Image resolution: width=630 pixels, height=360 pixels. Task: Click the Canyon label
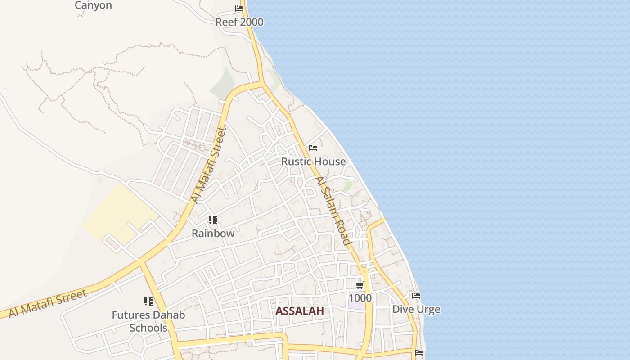tap(93, 5)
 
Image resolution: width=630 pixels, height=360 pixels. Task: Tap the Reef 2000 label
tap(239, 22)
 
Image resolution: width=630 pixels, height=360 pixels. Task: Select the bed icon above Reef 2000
tap(239, 9)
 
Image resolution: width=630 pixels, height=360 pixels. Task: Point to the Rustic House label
tap(314, 162)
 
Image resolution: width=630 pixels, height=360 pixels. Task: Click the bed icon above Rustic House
tap(313, 148)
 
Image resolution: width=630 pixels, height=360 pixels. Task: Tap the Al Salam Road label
tap(333, 211)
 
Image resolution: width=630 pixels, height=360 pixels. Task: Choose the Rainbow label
tap(213, 234)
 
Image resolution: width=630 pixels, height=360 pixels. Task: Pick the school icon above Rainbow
tap(213, 220)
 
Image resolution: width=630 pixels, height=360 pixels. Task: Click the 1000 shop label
tap(360, 298)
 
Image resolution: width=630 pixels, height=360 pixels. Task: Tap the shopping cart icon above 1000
tap(360, 285)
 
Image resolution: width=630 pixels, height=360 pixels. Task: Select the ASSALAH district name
tap(300, 311)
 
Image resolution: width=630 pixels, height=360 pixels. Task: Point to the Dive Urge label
tap(416, 309)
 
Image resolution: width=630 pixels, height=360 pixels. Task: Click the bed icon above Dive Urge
tap(416, 296)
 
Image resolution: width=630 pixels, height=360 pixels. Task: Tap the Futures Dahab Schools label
tap(148, 321)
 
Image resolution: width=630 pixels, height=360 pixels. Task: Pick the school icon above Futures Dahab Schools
tap(148, 301)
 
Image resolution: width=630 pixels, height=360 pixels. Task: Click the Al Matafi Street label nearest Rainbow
tap(208, 165)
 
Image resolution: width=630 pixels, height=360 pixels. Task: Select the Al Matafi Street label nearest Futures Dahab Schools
tap(48, 304)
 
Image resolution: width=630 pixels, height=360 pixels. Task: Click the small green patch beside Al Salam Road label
tap(347, 186)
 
